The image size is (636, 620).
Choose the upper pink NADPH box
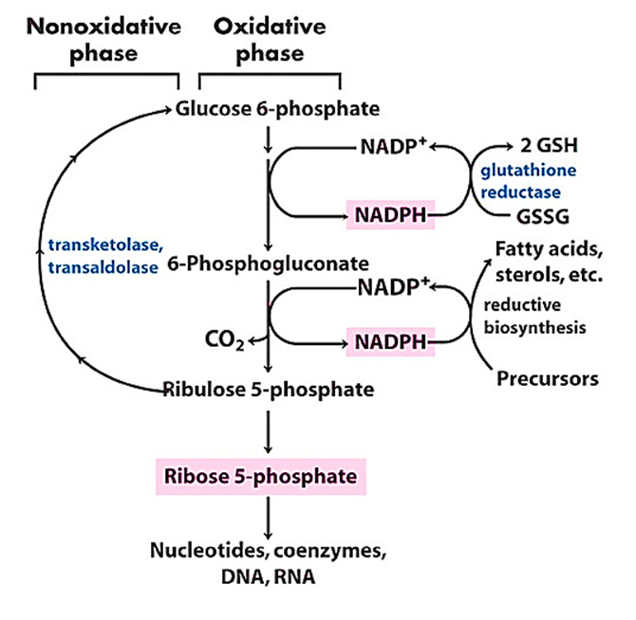389,216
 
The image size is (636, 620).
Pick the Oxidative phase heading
270,40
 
